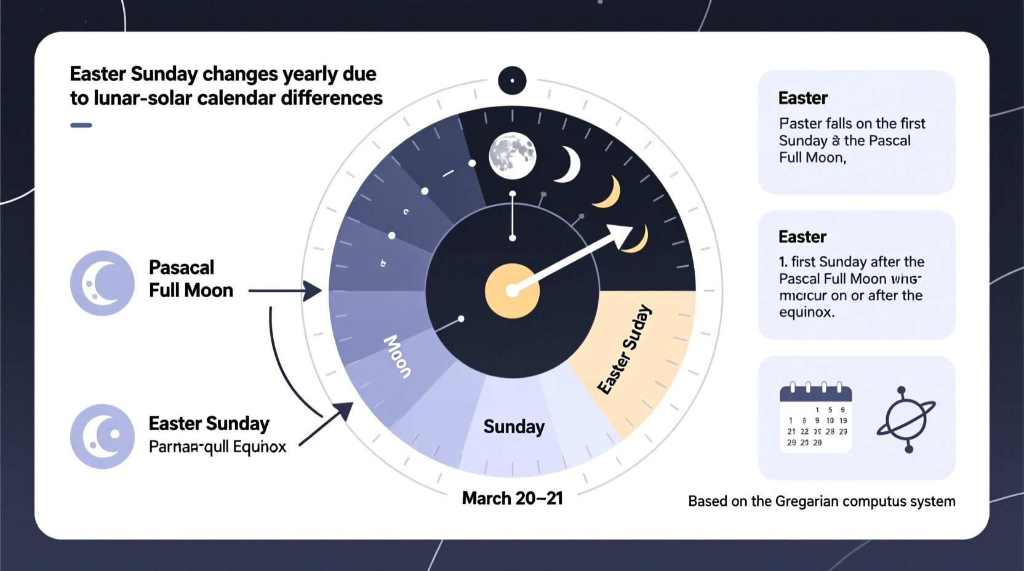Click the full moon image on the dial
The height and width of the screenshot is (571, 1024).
click(x=512, y=156)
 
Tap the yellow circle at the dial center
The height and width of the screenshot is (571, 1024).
click(x=512, y=291)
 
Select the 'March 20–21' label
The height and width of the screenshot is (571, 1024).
click(x=512, y=498)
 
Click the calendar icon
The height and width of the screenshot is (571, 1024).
click(x=816, y=418)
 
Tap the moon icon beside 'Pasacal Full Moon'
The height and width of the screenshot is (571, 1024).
click(x=102, y=283)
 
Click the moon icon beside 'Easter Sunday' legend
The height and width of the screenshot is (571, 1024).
click(x=102, y=436)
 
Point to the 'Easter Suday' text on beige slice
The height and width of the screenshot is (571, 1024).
click(x=624, y=349)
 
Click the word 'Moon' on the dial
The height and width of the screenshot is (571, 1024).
click(x=398, y=356)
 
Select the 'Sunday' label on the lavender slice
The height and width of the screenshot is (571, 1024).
click(x=514, y=427)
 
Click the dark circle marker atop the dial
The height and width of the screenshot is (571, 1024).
click(x=512, y=81)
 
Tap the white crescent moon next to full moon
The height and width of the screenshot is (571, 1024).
click(x=568, y=164)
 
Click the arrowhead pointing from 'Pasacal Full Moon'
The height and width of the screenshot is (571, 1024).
click(x=314, y=291)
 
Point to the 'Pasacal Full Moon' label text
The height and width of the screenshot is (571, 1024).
click(x=191, y=279)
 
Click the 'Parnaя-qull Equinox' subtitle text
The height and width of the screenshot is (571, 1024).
click(x=217, y=447)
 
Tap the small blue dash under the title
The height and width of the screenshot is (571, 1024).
click(x=81, y=126)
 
